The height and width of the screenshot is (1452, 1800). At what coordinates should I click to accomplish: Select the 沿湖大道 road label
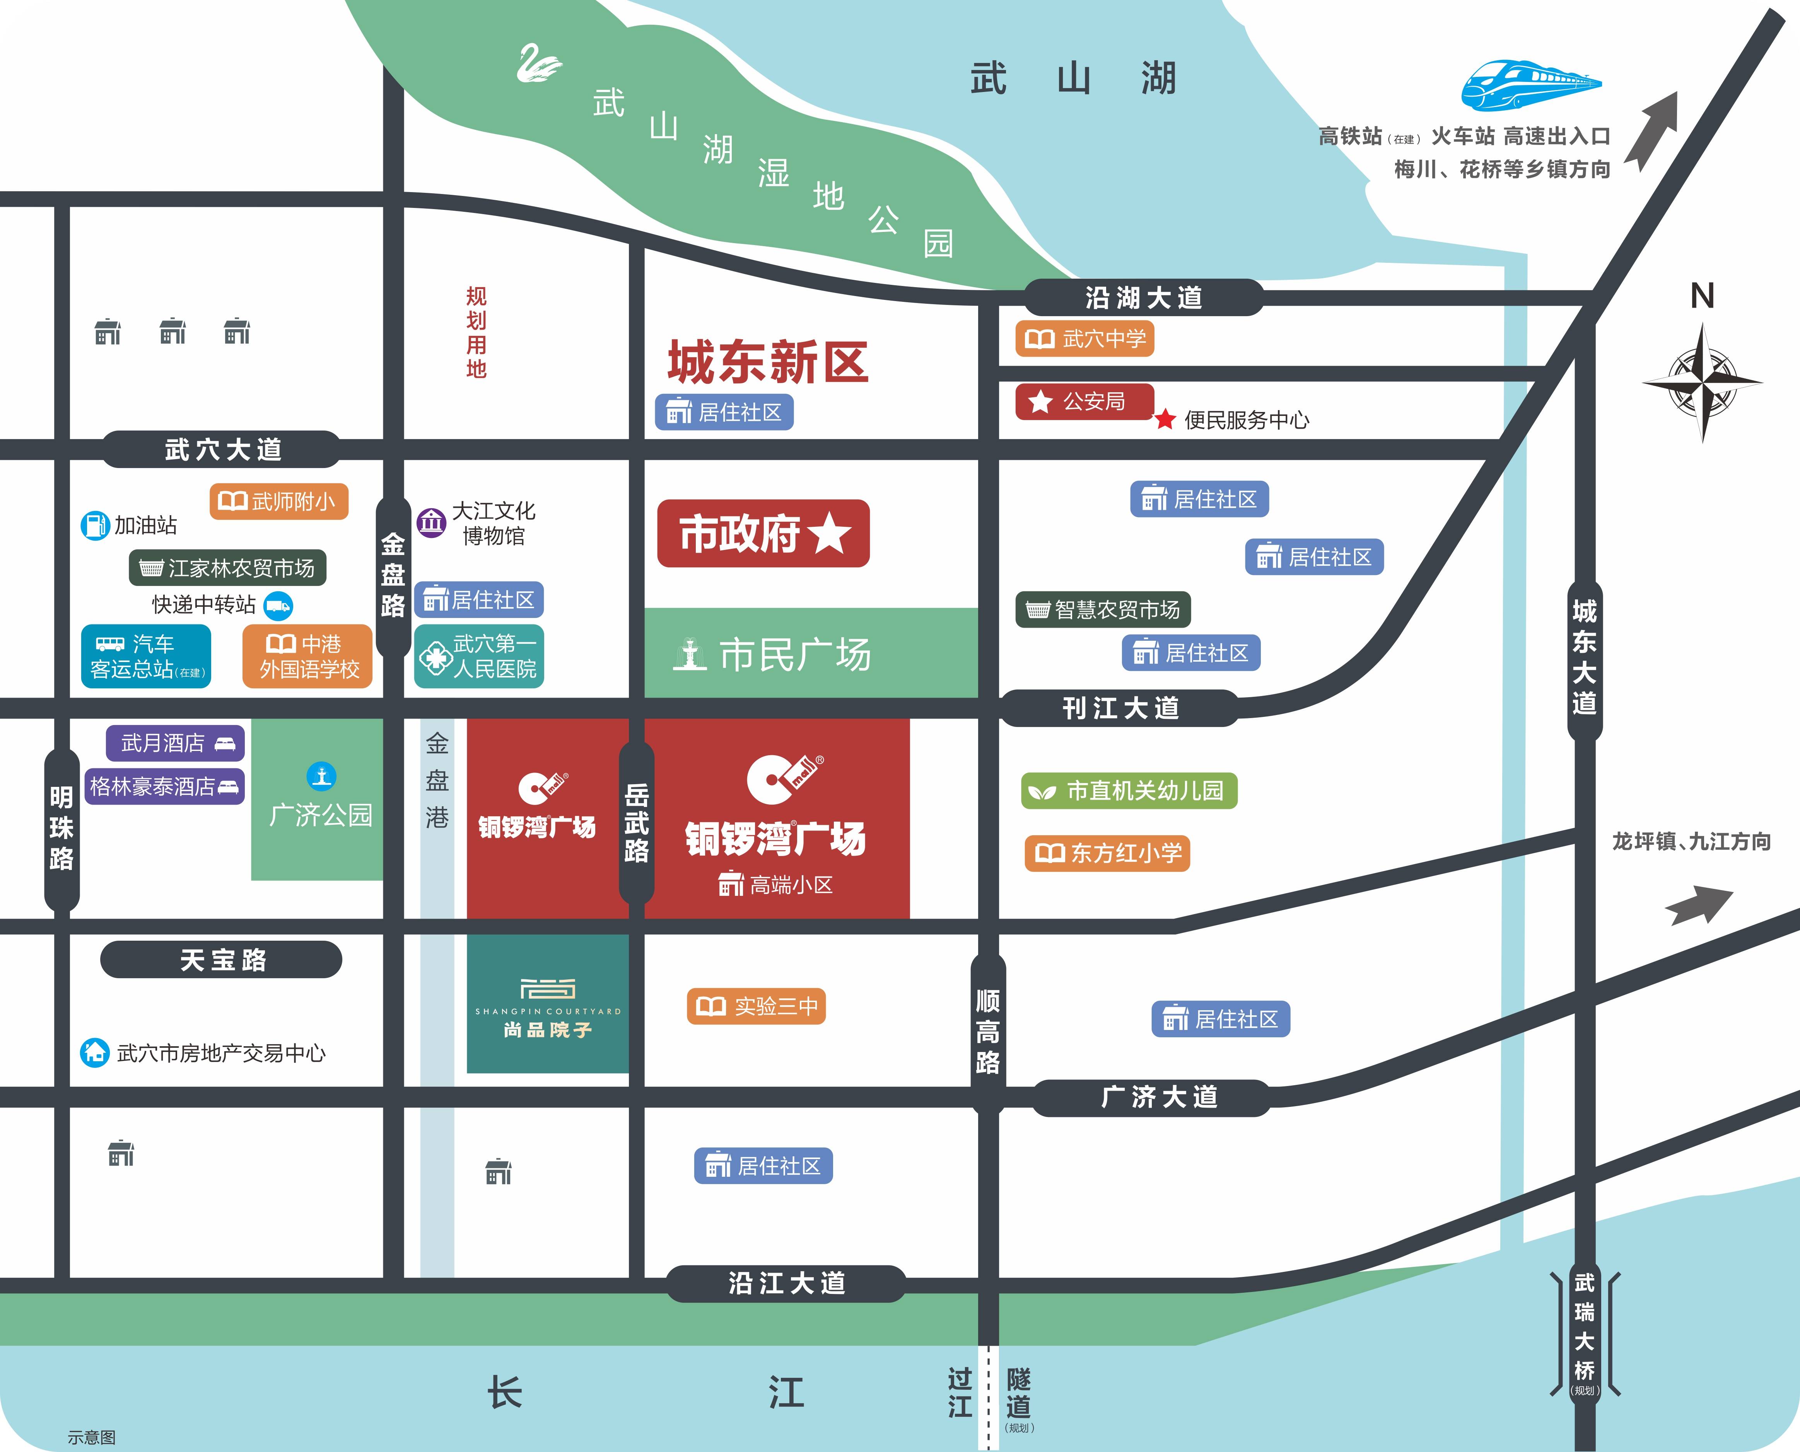pyautogui.click(x=1143, y=297)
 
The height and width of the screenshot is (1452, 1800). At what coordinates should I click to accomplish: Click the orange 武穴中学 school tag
pyautogui.click(x=1084, y=339)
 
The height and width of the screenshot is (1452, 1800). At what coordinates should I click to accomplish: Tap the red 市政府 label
pyautogui.click(x=763, y=534)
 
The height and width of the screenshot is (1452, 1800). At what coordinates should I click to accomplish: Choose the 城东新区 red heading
pyautogui.click(x=767, y=362)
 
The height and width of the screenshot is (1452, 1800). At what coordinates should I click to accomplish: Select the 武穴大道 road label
pyautogui.click(x=222, y=449)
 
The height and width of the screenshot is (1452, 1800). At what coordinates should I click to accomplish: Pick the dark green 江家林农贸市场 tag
pyautogui.click(x=227, y=568)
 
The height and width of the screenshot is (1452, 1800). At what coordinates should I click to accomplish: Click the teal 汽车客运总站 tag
pyautogui.click(x=145, y=657)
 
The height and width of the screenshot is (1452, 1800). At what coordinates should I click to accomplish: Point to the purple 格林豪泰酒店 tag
pyautogui.click(x=164, y=786)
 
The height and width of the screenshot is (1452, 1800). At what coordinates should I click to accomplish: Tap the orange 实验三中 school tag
pyautogui.click(x=756, y=1006)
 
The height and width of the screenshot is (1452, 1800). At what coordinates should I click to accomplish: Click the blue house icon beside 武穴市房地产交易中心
pyautogui.click(x=94, y=1052)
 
